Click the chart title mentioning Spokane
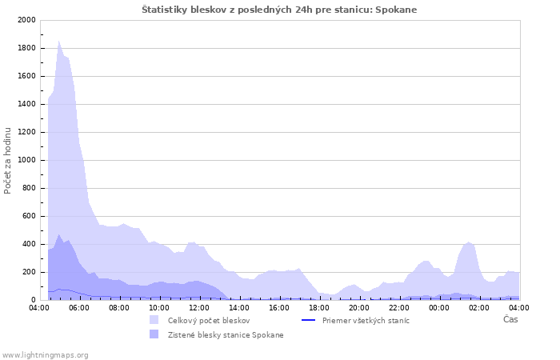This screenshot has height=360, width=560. pyautogui.click(x=279, y=10)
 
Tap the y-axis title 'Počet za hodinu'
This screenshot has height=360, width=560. pyautogui.click(x=8, y=160)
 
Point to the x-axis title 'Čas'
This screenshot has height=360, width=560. pyautogui.click(x=510, y=319)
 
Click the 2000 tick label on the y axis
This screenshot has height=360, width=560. pyautogui.click(x=26, y=20)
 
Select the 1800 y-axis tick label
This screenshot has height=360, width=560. pyautogui.click(x=26, y=48)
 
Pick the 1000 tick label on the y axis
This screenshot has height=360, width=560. pyautogui.click(x=26, y=160)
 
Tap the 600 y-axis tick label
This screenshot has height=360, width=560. pyautogui.click(x=28, y=216)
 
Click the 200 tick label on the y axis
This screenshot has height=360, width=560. pyautogui.click(x=28, y=272)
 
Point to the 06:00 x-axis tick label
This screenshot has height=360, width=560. pyautogui.click(x=79, y=307)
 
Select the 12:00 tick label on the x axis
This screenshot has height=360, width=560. pyautogui.click(x=199, y=307)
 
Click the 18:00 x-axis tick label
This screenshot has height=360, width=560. pyautogui.click(x=319, y=307)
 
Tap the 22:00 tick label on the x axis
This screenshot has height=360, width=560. pyautogui.click(x=399, y=307)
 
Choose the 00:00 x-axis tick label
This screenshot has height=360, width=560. pyautogui.click(x=439, y=307)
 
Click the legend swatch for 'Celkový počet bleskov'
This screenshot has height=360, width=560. pyautogui.click(x=154, y=320)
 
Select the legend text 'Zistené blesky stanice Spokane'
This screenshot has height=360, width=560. pyautogui.click(x=226, y=334)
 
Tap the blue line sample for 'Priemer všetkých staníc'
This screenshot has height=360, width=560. pyautogui.click(x=308, y=320)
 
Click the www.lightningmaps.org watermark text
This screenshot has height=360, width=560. pyautogui.click(x=46, y=354)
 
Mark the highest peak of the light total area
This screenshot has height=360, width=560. pyautogui.click(x=59, y=42)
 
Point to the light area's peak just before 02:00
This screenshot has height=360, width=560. pyautogui.click(x=470, y=242)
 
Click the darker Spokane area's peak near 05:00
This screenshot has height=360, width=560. pyautogui.click(x=59, y=235)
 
